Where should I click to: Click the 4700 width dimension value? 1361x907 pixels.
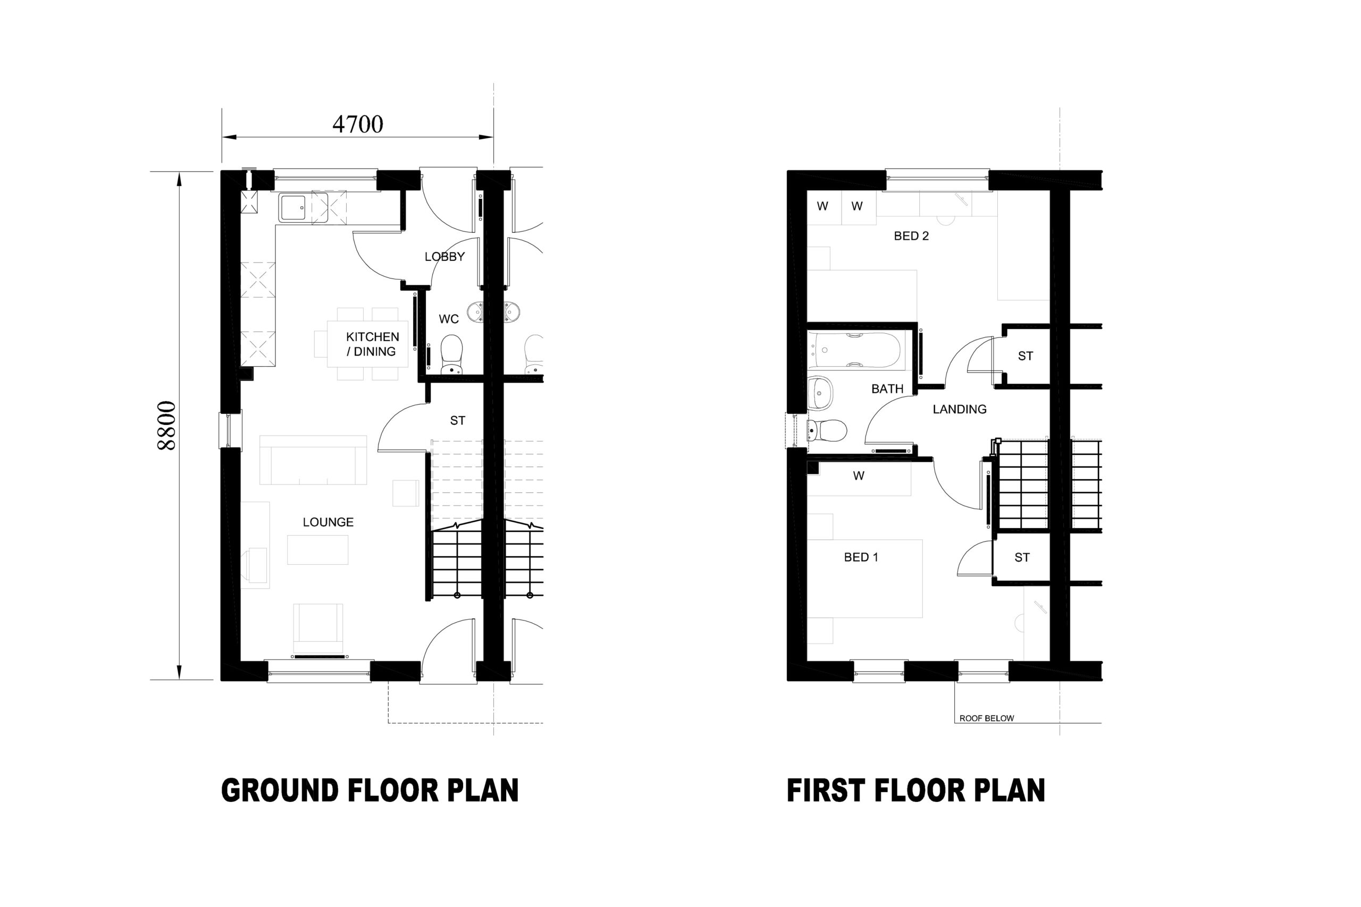[x=358, y=124]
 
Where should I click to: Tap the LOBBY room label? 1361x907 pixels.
[x=444, y=257]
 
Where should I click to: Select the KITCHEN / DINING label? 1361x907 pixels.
[x=372, y=344]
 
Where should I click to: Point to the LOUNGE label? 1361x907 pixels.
[x=328, y=522]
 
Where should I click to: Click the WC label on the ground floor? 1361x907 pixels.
[x=449, y=319]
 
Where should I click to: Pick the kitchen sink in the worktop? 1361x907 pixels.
[x=293, y=208]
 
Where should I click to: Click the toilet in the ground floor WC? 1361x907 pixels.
[x=452, y=355]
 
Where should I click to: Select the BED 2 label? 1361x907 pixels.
[x=911, y=236]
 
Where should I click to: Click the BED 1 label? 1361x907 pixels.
[x=861, y=557]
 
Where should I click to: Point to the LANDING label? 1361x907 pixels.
[x=960, y=410]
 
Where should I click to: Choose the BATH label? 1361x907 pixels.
[x=887, y=389]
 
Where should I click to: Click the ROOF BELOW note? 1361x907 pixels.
[x=987, y=718]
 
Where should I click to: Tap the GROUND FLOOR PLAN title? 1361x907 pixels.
[x=370, y=791]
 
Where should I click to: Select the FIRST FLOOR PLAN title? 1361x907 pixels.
[x=915, y=791]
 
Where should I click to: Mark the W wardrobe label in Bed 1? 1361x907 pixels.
[x=859, y=476]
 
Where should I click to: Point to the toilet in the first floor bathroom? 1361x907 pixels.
[x=827, y=431]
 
